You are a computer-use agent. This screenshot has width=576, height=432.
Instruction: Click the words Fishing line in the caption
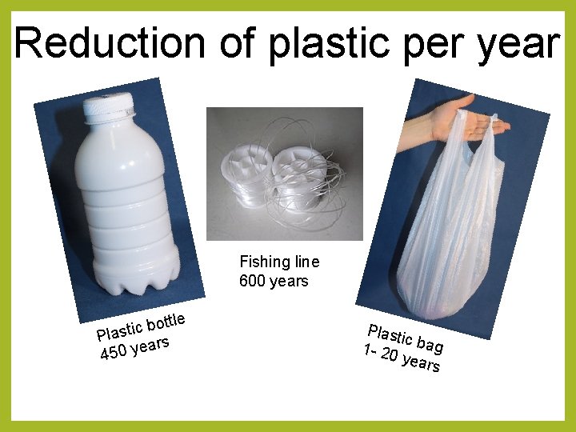279,262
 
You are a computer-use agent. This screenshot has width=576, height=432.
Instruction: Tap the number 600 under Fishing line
253,281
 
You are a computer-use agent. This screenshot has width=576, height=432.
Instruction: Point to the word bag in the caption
430,345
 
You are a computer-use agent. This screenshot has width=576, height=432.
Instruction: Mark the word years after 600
289,281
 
